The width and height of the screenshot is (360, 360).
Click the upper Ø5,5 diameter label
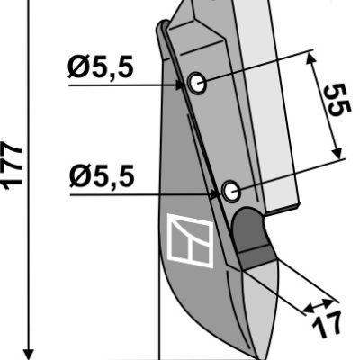[x=100, y=68]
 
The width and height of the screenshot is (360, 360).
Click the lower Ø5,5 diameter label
[x=102, y=177]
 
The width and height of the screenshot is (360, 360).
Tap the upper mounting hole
[x=197, y=83]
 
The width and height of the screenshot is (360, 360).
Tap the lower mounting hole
[x=231, y=191]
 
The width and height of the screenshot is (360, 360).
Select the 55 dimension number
[x=338, y=100]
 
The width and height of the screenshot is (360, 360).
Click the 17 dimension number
[x=327, y=325]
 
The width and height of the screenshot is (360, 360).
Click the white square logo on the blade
[x=191, y=240]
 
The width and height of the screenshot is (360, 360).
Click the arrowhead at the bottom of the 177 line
[x=28, y=354]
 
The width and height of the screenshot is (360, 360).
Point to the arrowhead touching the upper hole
[x=181, y=85]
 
